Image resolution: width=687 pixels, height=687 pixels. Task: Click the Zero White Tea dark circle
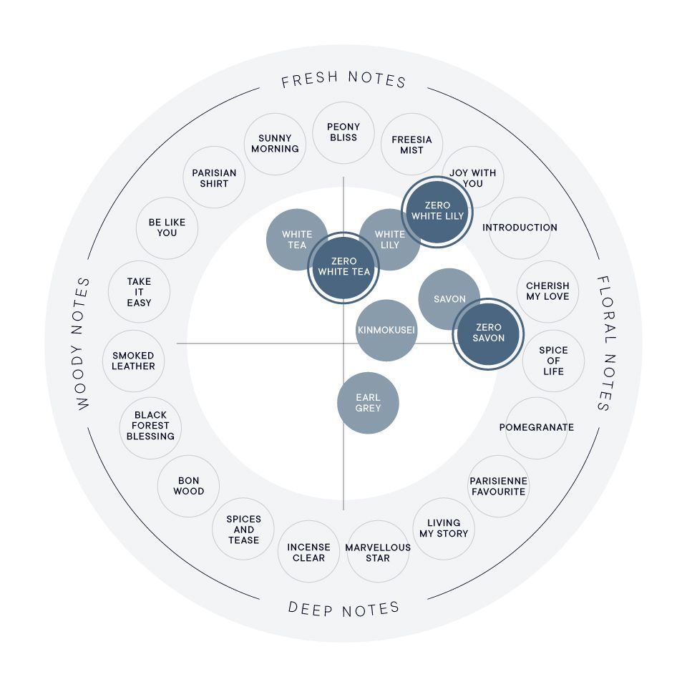(343, 267)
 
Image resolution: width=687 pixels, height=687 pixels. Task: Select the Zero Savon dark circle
(488, 334)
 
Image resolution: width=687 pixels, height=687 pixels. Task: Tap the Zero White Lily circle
(437, 212)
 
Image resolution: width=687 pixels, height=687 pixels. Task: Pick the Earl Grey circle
(368, 403)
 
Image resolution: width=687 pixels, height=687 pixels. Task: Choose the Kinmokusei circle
(386, 331)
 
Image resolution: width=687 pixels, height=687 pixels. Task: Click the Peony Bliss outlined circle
(343, 133)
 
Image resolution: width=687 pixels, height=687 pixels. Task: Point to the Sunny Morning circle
(275, 144)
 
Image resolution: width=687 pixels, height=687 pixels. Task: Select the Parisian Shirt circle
(214, 177)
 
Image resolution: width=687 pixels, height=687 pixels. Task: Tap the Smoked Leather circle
(133, 361)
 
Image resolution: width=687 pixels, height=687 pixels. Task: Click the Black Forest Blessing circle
(150, 428)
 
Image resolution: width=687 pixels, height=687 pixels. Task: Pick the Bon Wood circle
(188, 487)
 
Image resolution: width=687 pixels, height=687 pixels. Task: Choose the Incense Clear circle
(309, 552)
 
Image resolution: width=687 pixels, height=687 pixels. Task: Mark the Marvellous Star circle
(378, 552)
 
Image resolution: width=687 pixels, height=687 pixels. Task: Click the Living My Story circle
(444, 529)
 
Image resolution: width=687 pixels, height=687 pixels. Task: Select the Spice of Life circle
(553, 361)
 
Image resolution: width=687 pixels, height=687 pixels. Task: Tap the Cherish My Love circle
(547, 292)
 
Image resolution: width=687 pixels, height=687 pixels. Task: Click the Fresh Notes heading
(343, 79)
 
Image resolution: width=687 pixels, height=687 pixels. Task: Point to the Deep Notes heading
(343, 608)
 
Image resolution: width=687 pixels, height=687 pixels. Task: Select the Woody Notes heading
(82, 343)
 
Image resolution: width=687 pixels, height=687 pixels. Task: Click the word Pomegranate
(536, 428)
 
